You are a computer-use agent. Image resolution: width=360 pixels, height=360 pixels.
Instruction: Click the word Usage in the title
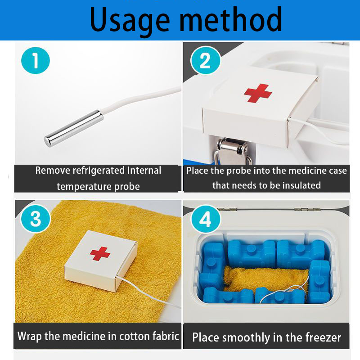(130, 20)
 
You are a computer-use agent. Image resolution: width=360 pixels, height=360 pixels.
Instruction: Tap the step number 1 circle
(36, 60)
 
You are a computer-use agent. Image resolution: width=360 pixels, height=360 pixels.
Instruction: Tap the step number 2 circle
(205, 60)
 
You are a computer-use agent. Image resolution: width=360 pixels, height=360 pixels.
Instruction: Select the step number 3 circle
(36, 219)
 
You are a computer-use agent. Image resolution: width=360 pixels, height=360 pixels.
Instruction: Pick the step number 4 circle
(205, 219)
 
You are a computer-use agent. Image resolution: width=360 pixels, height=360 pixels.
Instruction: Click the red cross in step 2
(258, 93)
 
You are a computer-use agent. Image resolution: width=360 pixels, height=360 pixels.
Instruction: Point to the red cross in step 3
(100, 253)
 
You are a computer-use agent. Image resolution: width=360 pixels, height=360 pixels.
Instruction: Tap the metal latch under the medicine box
(233, 151)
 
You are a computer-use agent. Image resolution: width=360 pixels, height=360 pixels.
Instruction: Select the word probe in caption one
(127, 187)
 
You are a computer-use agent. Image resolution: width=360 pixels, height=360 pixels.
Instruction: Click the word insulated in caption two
(301, 185)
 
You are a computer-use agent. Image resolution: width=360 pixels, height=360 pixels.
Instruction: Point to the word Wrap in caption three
(30, 336)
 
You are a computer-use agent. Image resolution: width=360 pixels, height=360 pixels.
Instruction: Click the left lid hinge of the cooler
(227, 209)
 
